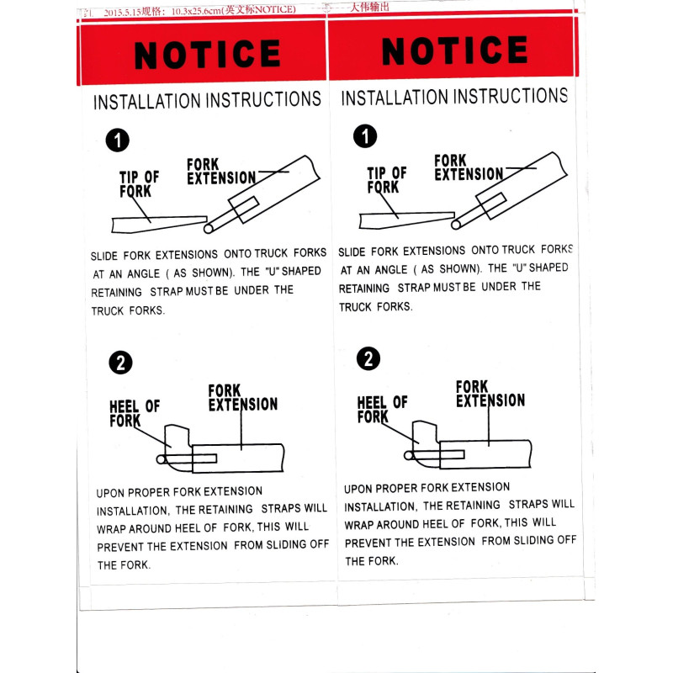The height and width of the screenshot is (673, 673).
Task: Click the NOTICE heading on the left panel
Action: [207, 56]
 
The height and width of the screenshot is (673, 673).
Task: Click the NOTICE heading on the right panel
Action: [454, 52]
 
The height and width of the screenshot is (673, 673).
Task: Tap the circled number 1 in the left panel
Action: [118, 140]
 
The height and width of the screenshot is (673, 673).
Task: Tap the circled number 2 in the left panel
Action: [121, 363]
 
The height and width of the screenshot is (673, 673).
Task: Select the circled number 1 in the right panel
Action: [365, 136]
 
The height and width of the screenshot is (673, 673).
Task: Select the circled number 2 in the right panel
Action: [368, 359]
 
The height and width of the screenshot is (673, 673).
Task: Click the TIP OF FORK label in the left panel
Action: [138, 184]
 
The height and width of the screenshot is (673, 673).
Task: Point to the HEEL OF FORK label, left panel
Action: [134, 413]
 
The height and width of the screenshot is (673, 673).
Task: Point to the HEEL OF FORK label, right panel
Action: [382, 410]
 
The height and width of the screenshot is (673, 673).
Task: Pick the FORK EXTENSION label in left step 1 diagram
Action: [220, 172]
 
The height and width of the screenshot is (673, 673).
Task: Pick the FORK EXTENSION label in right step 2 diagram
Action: [490, 394]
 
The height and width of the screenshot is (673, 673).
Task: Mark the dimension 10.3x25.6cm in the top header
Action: [196, 11]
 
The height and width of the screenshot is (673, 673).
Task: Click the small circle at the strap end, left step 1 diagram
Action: [210, 225]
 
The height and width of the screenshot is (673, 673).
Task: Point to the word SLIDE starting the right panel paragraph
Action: [353, 252]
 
